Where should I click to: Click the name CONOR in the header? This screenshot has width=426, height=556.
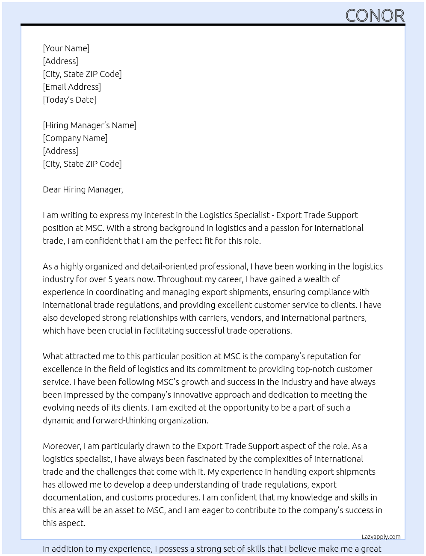375,15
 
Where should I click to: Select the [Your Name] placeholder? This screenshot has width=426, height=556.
66,48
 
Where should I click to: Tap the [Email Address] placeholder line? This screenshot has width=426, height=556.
72,87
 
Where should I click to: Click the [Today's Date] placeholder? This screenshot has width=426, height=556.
69,100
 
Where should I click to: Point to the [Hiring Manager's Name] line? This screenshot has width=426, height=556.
89,125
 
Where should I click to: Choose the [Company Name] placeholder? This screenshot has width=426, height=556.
75,138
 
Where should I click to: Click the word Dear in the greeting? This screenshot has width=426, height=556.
52,189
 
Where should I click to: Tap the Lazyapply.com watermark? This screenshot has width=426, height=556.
381,537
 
